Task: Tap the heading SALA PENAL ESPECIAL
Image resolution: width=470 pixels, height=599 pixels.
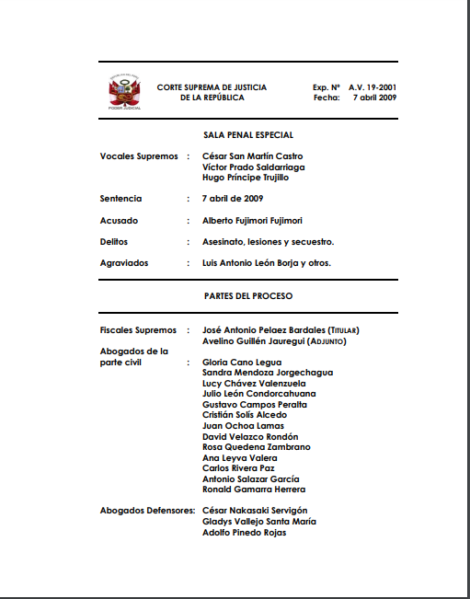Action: pos(248,135)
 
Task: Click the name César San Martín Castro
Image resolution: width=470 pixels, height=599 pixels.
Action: pos(252,156)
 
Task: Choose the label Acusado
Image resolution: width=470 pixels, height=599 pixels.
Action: pos(119,221)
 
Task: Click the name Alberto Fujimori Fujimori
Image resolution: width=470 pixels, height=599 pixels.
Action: pos(252,221)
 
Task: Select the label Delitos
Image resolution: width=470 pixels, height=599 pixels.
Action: pos(114,242)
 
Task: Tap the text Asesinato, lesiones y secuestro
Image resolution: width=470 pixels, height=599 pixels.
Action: pos(268,242)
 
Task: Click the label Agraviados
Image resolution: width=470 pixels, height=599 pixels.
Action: pos(124,263)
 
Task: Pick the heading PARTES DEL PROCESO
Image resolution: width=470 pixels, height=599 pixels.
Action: pos(248,296)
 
